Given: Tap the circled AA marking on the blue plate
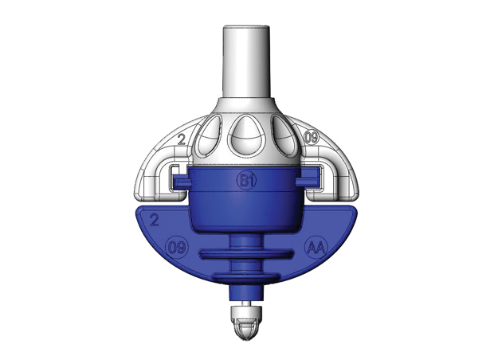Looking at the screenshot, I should click(x=316, y=248).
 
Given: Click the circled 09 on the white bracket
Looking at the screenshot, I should click(x=312, y=138).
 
